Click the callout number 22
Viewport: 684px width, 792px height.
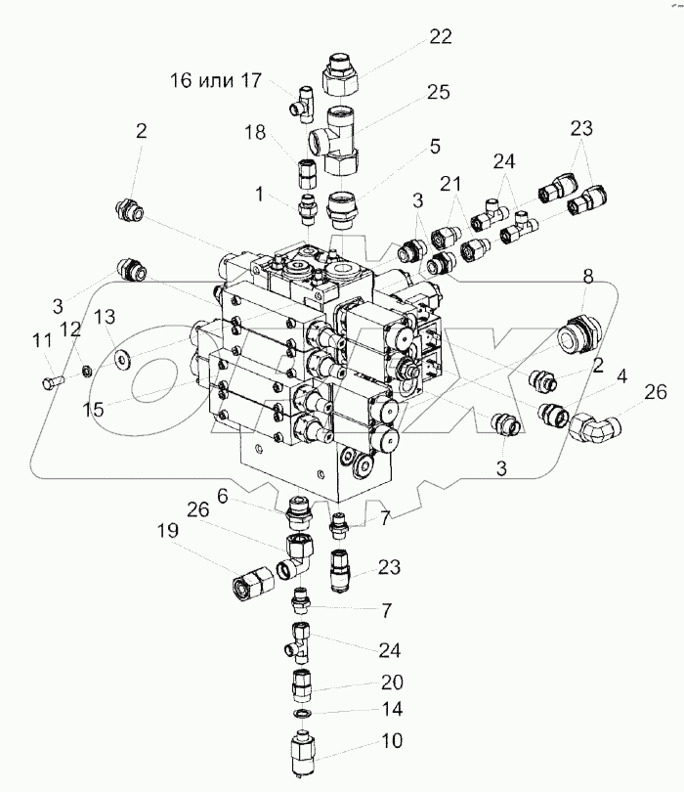(x=441, y=37)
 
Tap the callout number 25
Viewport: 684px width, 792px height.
(x=437, y=94)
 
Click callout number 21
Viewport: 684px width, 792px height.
(x=449, y=186)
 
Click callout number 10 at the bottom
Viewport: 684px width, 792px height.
(x=391, y=743)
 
